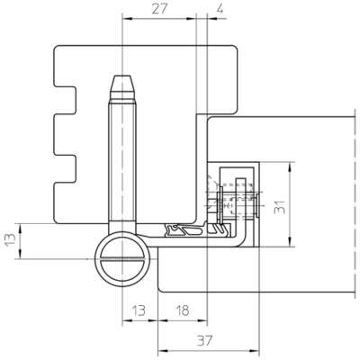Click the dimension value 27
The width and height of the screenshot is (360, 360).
(x=158, y=9)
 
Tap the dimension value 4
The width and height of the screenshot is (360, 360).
(x=220, y=9)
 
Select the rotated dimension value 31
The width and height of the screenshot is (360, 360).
(x=280, y=207)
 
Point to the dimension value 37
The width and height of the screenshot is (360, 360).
(x=205, y=340)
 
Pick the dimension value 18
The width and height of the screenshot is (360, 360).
(x=182, y=310)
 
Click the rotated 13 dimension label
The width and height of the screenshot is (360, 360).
(x=10, y=239)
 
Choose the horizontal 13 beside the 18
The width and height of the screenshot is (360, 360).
(x=139, y=310)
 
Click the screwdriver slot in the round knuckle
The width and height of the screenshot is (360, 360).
(x=122, y=259)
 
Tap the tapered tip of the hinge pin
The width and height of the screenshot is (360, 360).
(x=122, y=87)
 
